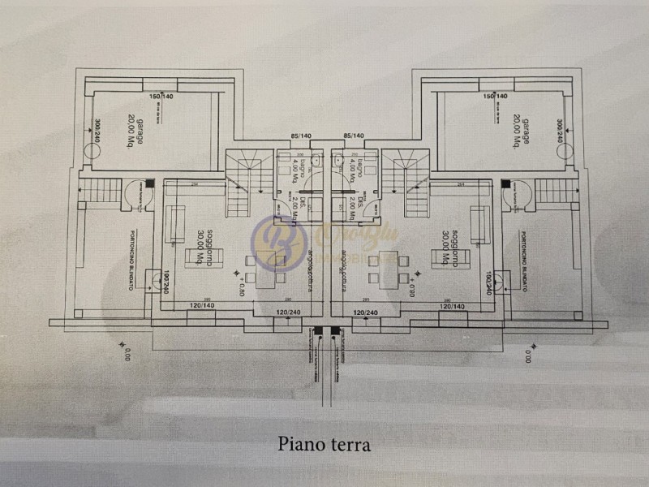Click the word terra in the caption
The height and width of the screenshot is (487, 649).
pos(351,444)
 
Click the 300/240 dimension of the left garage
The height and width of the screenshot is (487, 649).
pos(97,132)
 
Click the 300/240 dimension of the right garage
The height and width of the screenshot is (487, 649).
pos(560,132)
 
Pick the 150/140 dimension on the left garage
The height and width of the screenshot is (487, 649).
pos(161,97)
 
